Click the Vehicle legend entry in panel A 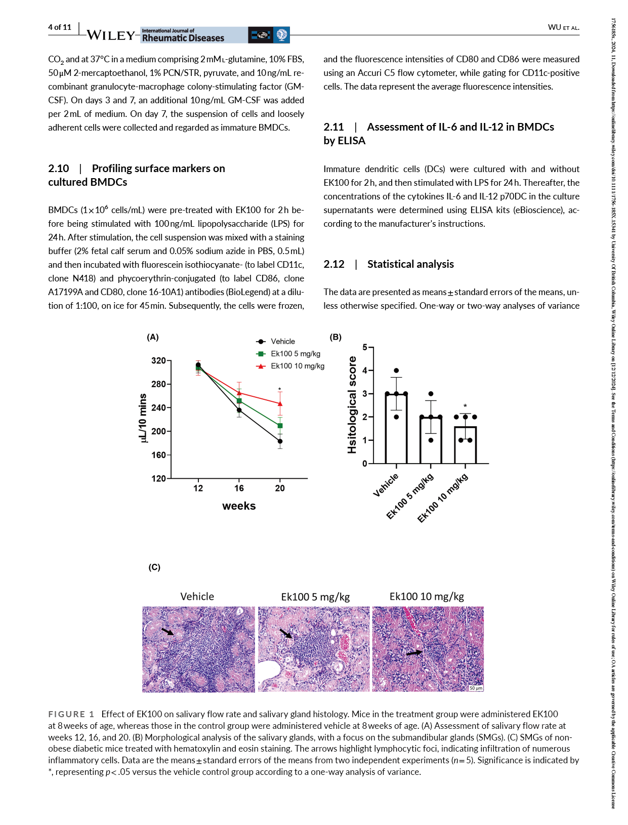coord(282,342)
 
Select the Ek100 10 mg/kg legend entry coord(297,366)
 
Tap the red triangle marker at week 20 coord(280,403)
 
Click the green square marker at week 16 coord(239,401)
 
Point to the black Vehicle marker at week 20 coord(280,441)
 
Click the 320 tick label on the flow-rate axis coord(158,361)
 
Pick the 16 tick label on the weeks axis coord(239,488)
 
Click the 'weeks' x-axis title coord(239,506)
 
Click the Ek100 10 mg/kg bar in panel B coord(465,445)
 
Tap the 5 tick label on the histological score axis coord(365,347)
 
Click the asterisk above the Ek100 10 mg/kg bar coord(465,406)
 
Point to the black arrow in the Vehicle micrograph coord(167,631)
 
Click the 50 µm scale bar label coord(476,688)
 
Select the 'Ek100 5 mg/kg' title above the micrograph coord(315,597)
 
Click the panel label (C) coord(154,567)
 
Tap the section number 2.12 coord(334,264)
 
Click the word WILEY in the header coord(111,35)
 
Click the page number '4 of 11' coord(60,27)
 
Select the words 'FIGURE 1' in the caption coord(71,714)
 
